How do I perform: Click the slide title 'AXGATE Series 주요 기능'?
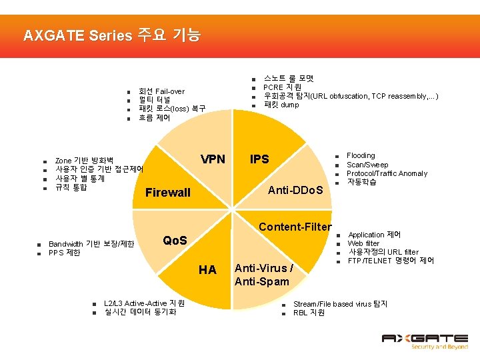click(111, 35)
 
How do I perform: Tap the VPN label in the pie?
click(213, 159)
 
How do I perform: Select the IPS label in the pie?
click(259, 159)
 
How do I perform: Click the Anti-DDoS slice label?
click(295, 191)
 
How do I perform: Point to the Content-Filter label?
click(295, 227)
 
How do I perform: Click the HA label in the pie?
click(207, 269)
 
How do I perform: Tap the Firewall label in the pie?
click(167, 193)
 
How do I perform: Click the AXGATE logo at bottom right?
click(424, 342)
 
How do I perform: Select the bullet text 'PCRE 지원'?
click(282, 87)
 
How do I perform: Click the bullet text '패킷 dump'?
click(281, 105)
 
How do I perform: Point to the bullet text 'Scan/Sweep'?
click(367, 165)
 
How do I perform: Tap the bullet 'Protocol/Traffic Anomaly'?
click(387, 173)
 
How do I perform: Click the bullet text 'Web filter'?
click(363, 243)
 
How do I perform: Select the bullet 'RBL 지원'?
click(309, 312)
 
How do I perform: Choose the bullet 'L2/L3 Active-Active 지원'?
click(145, 303)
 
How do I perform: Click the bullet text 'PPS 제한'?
click(65, 253)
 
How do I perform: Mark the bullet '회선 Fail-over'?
click(161, 91)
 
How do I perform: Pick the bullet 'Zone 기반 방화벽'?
click(84, 161)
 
